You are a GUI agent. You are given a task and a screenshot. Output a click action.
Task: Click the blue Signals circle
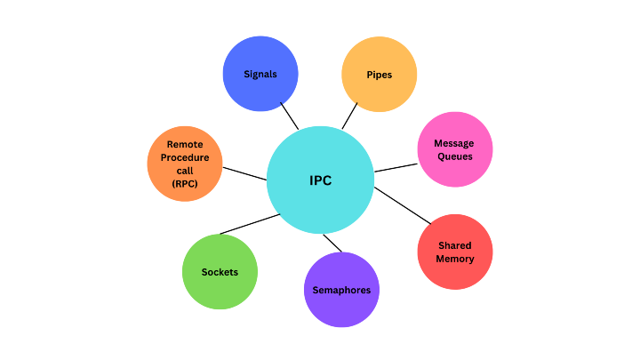click(x=260, y=74)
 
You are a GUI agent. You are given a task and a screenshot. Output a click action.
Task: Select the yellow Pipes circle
click(x=380, y=74)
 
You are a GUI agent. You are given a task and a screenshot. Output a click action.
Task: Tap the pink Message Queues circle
click(x=454, y=149)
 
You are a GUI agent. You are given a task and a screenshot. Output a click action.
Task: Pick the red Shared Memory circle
click(x=454, y=252)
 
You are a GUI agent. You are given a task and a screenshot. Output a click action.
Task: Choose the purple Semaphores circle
click(x=341, y=290)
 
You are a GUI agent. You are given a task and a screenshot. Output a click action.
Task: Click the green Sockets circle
click(x=220, y=272)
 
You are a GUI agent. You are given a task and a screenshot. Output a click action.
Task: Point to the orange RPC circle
click(x=184, y=164)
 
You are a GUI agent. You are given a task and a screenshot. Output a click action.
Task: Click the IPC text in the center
click(x=320, y=180)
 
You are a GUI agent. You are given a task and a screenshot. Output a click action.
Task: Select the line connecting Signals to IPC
click(x=289, y=116)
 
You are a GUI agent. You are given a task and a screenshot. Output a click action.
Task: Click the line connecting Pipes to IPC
click(x=349, y=116)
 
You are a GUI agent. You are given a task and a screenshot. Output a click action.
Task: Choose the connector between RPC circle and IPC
click(x=244, y=172)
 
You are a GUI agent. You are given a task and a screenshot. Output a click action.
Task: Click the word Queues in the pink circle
click(x=454, y=156)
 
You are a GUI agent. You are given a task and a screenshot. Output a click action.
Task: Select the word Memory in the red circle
click(x=454, y=259)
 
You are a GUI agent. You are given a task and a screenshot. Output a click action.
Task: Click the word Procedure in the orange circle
click(x=184, y=157)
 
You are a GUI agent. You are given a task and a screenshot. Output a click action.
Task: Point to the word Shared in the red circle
click(x=454, y=245)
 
